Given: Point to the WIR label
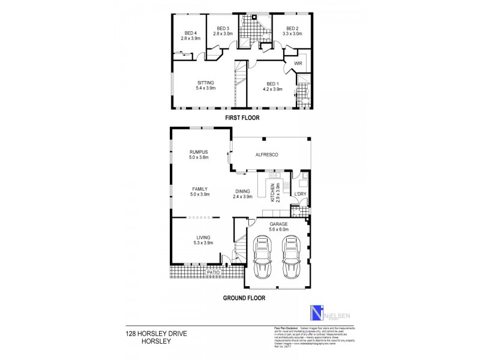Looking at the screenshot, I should point(298,64).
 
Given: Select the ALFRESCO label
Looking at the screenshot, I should point(268,155).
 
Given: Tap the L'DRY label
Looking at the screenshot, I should point(300,194).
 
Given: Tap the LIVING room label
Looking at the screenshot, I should point(199,239).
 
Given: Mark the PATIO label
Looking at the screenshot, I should point(213,272).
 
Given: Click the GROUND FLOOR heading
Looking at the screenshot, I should point(244,297).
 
